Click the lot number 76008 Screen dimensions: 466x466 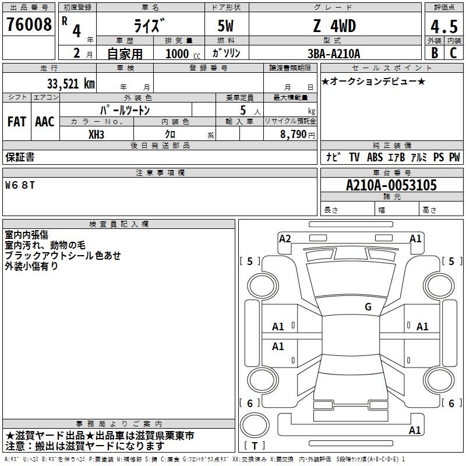point(29,24)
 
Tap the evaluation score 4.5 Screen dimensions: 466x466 point(444,27)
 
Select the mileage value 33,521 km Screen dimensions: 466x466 point(70,84)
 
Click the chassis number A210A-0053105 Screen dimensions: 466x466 point(391,185)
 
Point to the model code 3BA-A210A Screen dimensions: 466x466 point(334,54)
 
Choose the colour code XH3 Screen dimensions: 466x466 point(96,135)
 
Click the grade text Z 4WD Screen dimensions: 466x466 point(334,26)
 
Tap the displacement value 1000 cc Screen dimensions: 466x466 point(183,54)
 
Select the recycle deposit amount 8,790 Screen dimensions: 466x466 point(293,135)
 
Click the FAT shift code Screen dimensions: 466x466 point(17,122)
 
